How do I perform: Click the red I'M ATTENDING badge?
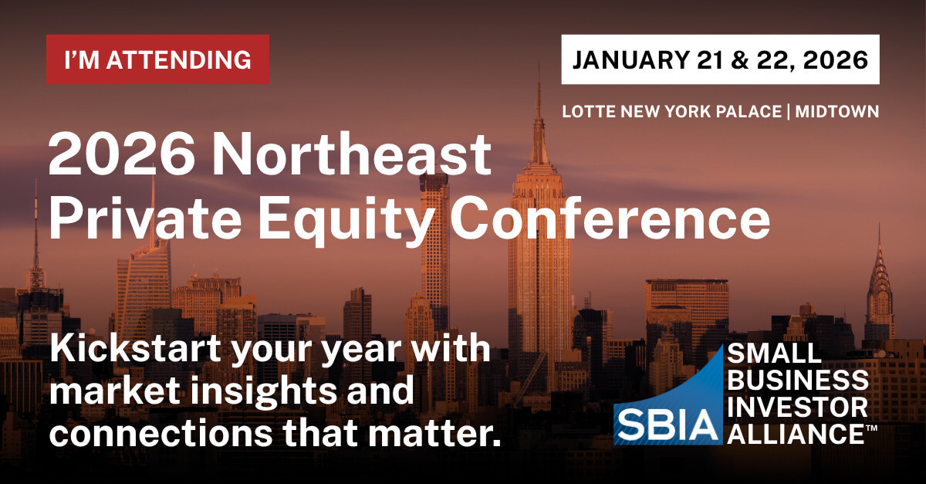157,59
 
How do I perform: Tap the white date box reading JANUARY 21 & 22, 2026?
720,59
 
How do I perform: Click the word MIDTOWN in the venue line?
838,112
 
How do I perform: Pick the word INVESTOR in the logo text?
797,406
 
